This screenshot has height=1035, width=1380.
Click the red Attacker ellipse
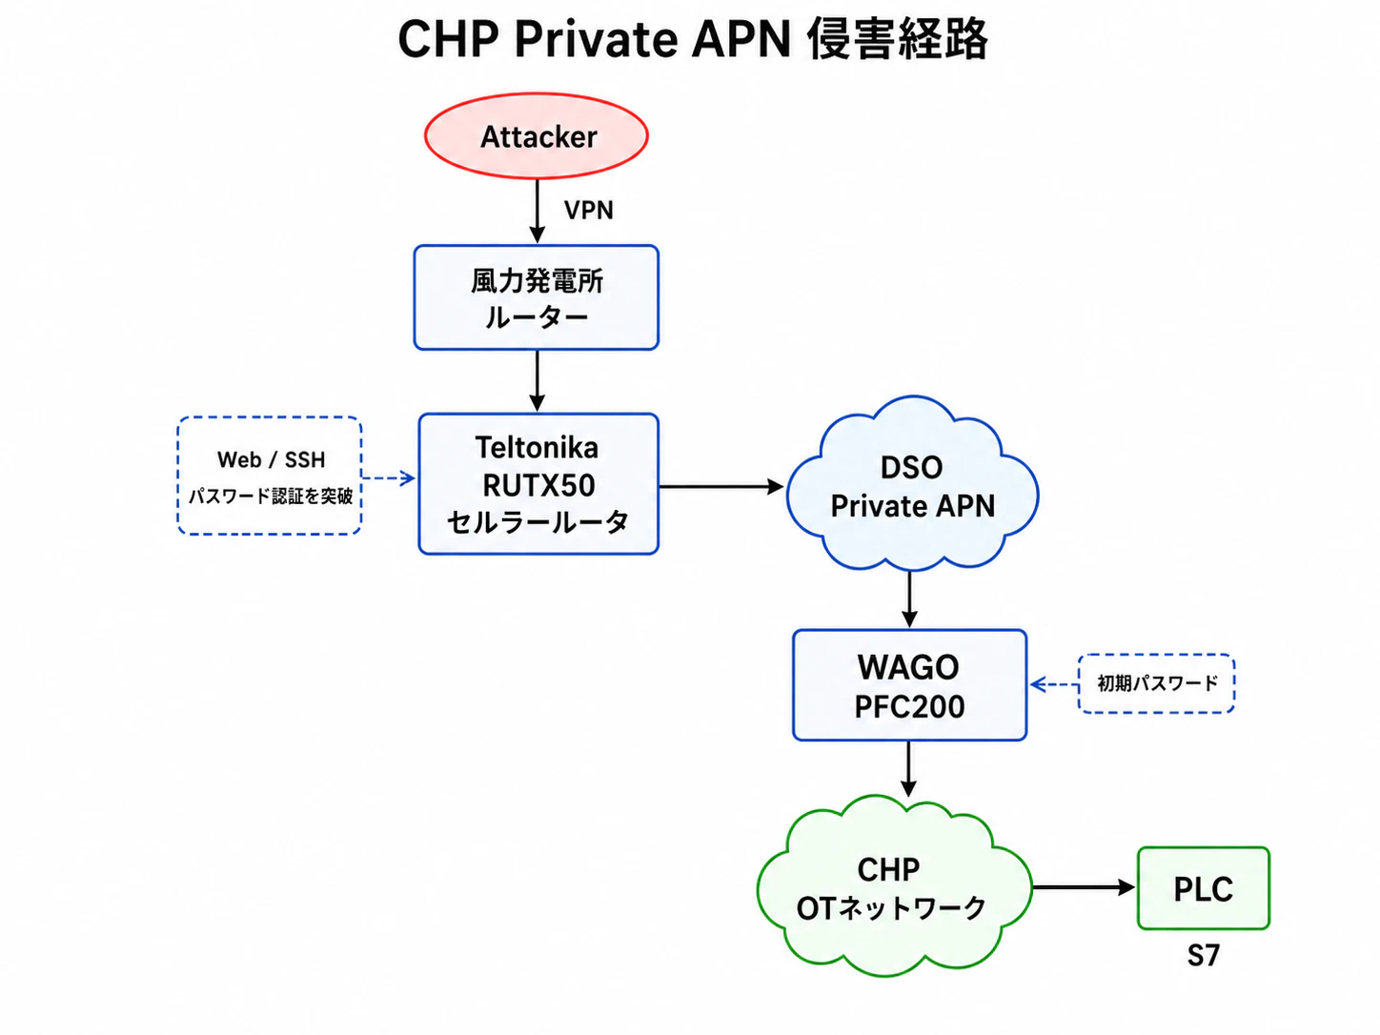point(537,135)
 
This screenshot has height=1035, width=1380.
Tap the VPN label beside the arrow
point(588,210)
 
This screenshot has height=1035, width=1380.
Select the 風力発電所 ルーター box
point(537,297)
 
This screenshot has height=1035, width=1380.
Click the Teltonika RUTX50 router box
point(538,484)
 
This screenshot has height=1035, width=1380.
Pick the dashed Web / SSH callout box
point(270,476)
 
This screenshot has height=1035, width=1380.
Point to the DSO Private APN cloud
point(912,485)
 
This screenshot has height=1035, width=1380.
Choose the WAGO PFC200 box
point(910,685)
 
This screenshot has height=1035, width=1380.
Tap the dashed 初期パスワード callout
point(1157,683)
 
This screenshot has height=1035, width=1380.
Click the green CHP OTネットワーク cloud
point(893,887)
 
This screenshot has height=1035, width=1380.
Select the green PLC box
point(1204,888)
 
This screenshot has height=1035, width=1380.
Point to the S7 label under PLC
point(1204,956)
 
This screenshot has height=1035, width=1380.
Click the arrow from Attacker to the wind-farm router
point(537,212)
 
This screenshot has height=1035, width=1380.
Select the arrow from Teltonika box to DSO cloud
point(721,486)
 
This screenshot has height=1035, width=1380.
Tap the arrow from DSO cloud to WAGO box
point(909,599)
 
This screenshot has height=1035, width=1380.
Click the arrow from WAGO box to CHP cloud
point(908,769)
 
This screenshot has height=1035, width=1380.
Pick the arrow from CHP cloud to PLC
point(1084,887)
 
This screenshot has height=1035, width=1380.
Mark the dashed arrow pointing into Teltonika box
point(389,478)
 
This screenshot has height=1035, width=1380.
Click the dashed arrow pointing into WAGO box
point(1054,684)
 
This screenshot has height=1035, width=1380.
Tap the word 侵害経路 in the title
point(897,39)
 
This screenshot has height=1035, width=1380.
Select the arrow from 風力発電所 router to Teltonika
point(537,381)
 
